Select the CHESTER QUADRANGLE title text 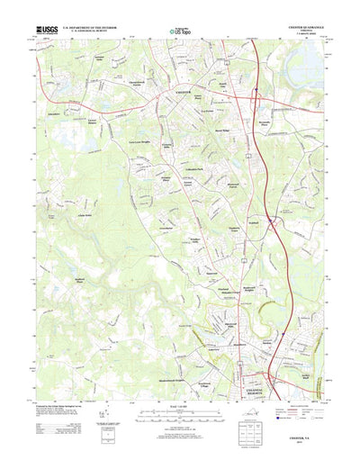(x=296, y=28)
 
